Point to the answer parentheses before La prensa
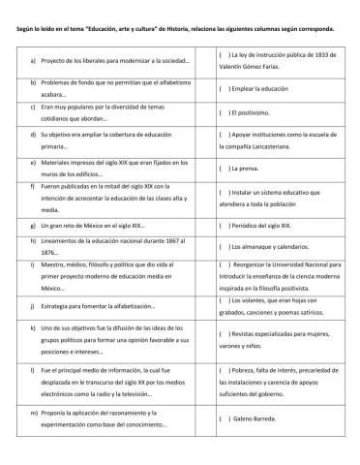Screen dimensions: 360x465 225,170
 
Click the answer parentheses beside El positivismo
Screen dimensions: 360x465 225,113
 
